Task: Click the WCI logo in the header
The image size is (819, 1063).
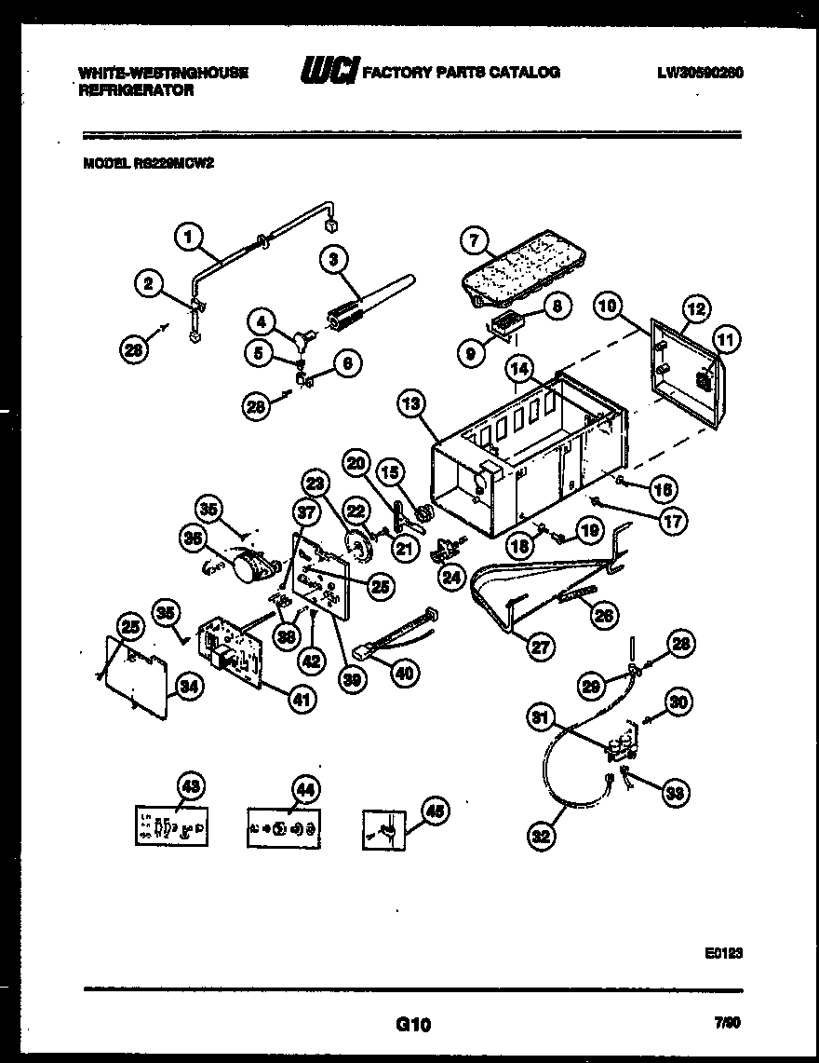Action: (329, 72)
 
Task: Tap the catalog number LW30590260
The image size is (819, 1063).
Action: (700, 72)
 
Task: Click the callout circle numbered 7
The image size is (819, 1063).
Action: (475, 240)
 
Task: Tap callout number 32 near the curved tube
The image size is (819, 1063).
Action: (541, 836)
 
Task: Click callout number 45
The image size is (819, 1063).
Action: (433, 811)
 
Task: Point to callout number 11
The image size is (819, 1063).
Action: (727, 341)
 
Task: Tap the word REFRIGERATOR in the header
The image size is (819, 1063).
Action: (137, 90)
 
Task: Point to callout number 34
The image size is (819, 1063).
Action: (189, 688)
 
